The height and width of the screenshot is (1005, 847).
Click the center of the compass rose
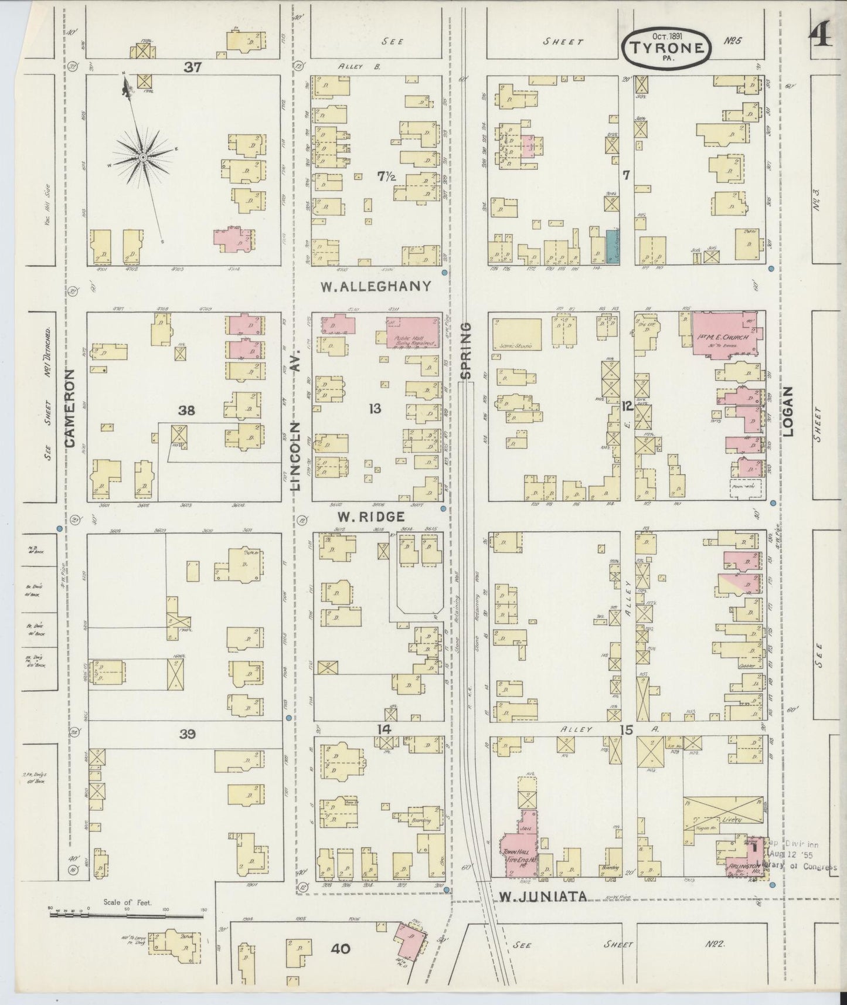tap(142, 158)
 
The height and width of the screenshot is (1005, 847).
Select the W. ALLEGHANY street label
tap(376, 287)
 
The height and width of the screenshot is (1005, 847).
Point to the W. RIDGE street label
tap(370, 517)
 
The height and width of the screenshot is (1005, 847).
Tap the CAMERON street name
tap(72, 408)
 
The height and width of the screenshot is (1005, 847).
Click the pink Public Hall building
tap(413, 332)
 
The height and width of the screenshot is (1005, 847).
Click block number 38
tap(186, 410)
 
